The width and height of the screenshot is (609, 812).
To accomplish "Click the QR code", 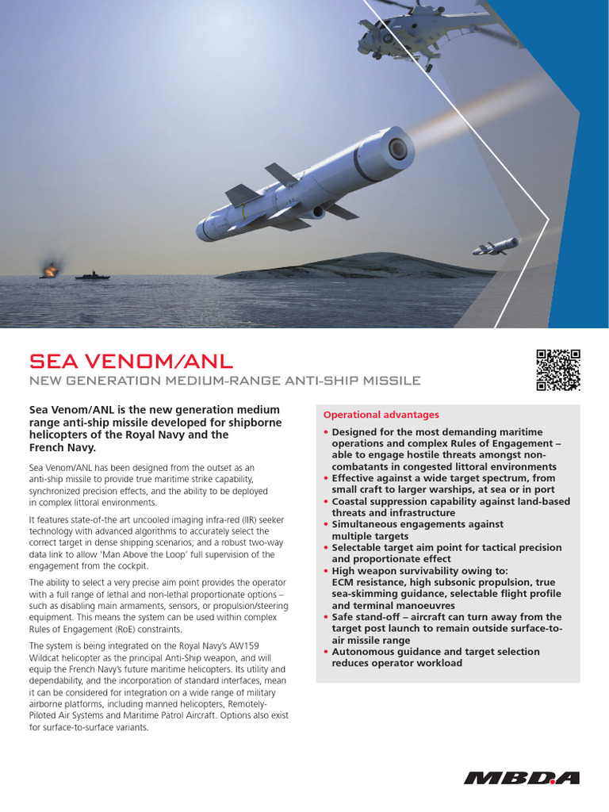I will (x=558, y=370).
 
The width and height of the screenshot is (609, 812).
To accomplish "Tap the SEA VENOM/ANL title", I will (x=131, y=362).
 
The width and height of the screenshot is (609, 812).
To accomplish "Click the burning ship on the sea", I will (x=50, y=272).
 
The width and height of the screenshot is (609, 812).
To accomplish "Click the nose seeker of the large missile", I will (x=396, y=148).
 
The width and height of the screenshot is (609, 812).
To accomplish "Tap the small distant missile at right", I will (x=496, y=247).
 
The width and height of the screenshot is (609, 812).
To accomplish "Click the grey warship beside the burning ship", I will (x=93, y=275).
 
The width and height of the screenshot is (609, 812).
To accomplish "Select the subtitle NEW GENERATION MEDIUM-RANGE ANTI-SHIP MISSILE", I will (x=224, y=381).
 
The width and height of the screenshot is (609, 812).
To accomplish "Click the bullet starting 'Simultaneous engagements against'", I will (x=417, y=524).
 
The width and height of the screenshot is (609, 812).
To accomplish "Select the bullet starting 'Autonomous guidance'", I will (x=435, y=651).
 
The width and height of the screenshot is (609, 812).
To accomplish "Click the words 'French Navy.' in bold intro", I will (x=62, y=448).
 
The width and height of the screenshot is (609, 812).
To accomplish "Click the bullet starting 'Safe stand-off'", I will (x=446, y=616).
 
